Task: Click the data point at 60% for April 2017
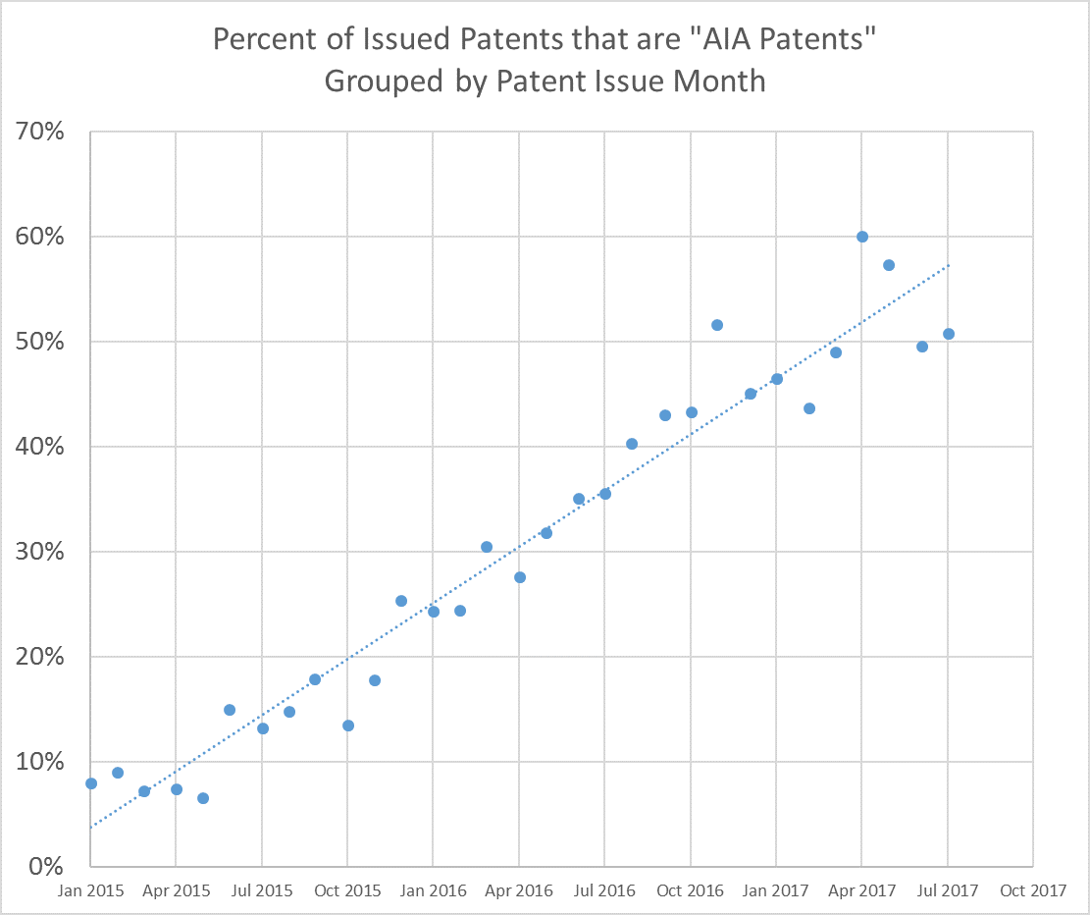[x=862, y=237]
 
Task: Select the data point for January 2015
[x=91, y=783]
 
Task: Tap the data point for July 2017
[x=949, y=334]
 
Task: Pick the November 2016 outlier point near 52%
[x=717, y=325]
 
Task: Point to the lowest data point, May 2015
[x=203, y=798]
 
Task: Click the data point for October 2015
[x=348, y=726]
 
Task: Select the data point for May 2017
[x=889, y=265]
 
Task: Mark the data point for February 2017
[x=809, y=408]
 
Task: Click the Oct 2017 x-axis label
[x=1032, y=891]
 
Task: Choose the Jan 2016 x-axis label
[x=433, y=891]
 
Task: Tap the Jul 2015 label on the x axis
[x=262, y=891]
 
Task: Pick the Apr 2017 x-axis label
[x=861, y=891]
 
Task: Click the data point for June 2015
[x=230, y=710]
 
